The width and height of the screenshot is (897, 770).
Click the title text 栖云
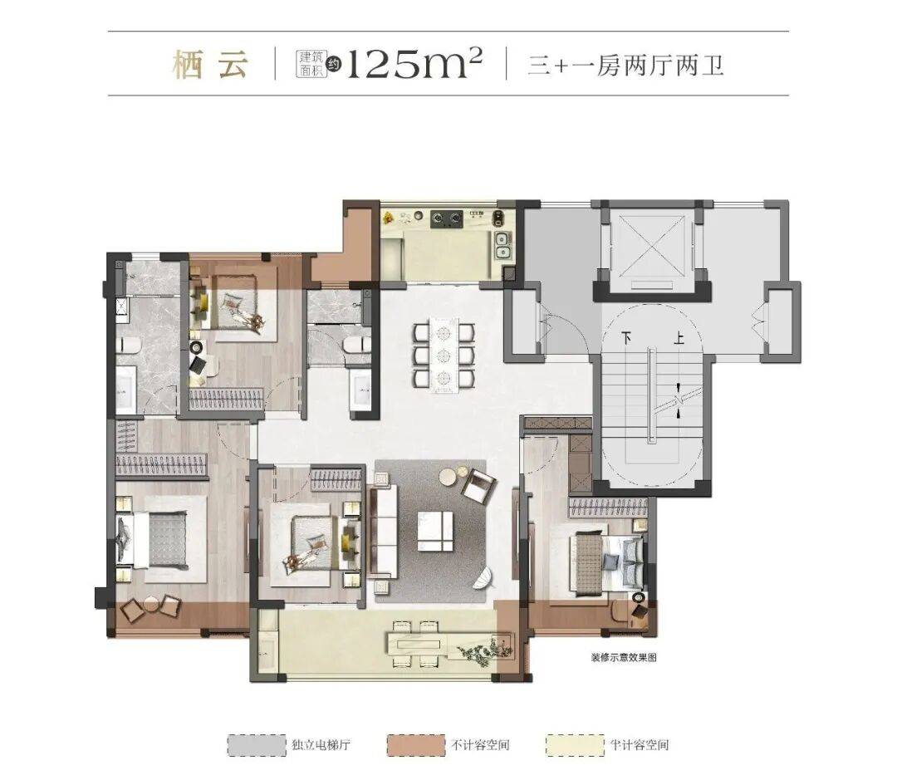[210, 65]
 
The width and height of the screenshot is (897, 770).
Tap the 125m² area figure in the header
[414, 63]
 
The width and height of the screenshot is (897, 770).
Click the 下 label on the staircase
[628, 338]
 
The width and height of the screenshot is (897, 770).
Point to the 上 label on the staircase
[679, 338]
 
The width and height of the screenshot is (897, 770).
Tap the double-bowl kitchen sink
[502, 246]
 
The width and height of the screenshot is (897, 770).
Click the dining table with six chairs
[444, 356]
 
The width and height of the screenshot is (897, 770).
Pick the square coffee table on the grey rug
[435, 532]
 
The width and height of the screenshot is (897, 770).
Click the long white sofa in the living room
[384, 532]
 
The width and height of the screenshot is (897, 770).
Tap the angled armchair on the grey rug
[478, 486]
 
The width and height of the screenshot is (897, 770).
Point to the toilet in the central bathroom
[357, 346]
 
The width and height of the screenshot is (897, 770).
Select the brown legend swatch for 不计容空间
[416, 745]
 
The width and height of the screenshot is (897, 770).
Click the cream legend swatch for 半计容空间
[575, 745]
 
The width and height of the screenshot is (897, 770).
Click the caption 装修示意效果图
[624, 657]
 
